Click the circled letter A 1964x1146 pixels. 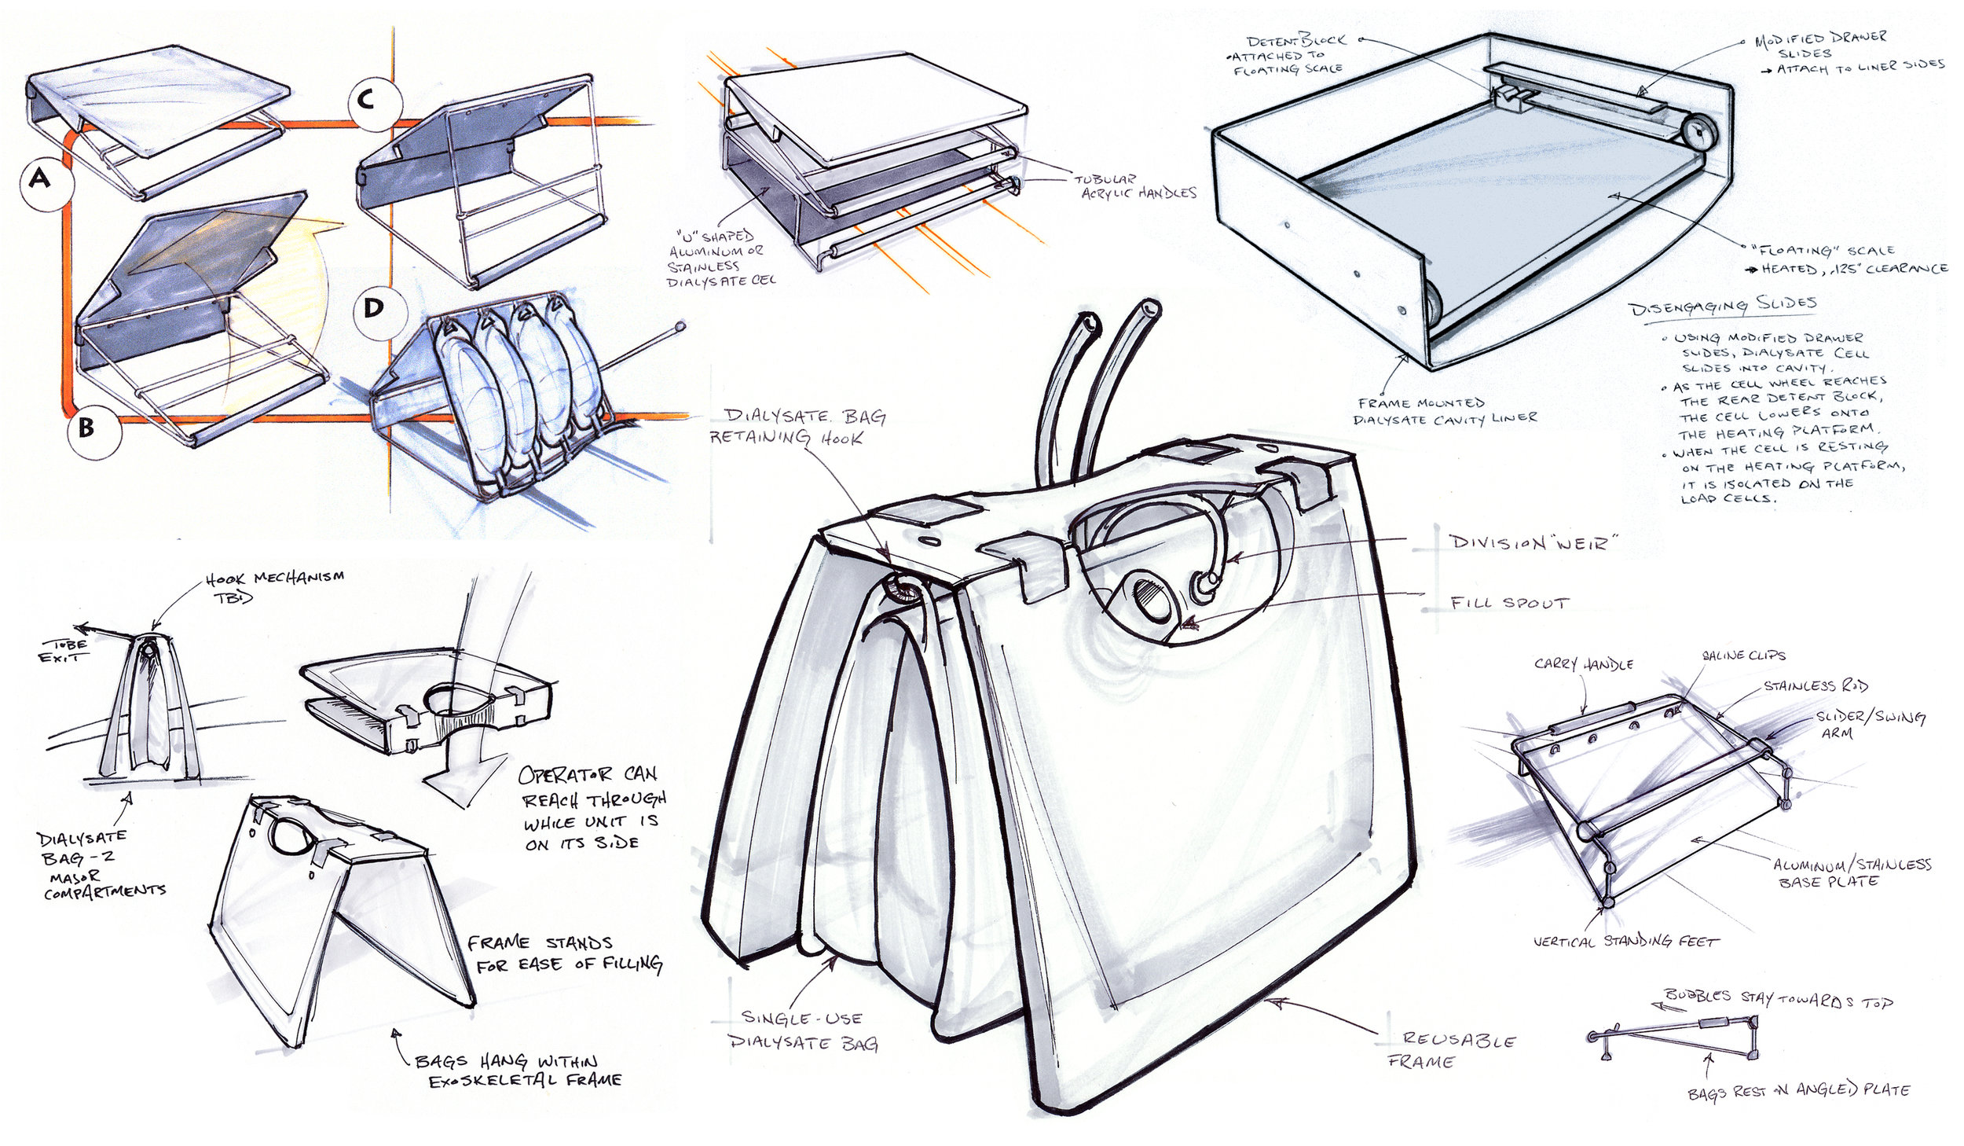tap(39, 180)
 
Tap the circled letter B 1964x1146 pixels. tap(87, 429)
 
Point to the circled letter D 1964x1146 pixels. tap(374, 308)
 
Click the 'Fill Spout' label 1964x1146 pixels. tap(1509, 603)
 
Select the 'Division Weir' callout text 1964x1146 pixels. tap(1533, 542)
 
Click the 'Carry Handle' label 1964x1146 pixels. tap(1583, 663)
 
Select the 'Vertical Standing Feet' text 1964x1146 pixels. tap(1625, 941)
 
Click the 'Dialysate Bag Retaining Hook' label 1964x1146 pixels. tap(797, 427)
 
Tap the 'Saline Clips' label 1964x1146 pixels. tap(1743, 655)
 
